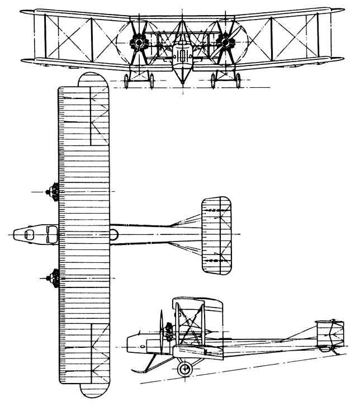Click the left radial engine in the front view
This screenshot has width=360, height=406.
coord(137,42)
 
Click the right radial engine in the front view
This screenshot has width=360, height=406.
coord(225,42)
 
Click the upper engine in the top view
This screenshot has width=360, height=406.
coord(54,192)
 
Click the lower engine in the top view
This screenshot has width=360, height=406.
coord(54,277)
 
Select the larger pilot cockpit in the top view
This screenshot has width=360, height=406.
coord(51,234)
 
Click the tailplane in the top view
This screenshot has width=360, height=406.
coord(217,235)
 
